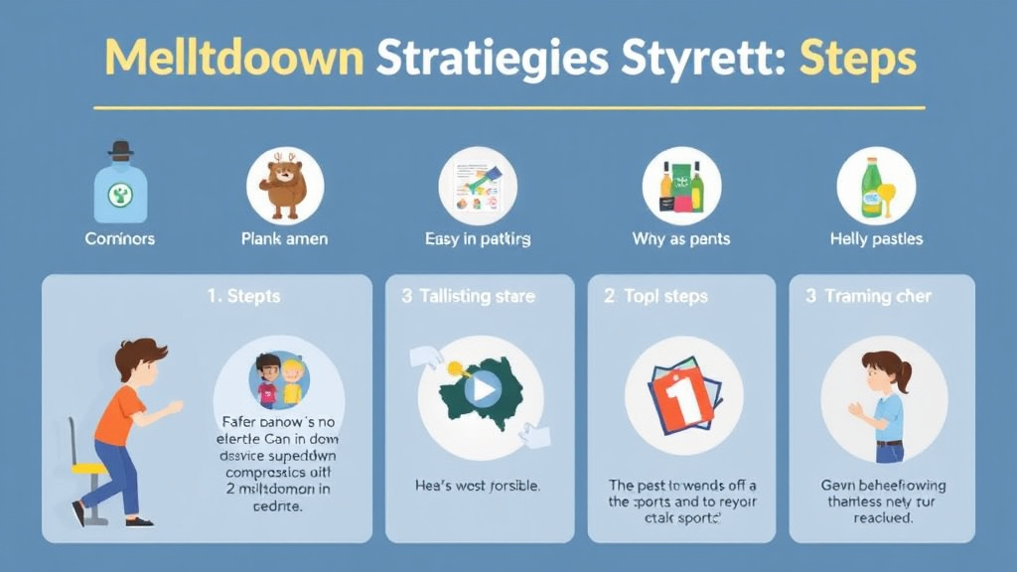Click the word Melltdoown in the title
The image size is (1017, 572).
click(234, 59)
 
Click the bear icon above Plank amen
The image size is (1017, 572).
click(285, 185)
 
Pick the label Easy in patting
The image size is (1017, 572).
click(477, 239)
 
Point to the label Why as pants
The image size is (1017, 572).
click(680, 239)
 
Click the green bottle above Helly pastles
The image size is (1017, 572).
click(871, 186)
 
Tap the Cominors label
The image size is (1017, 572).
click(119, 239)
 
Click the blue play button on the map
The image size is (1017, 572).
click(483, 388)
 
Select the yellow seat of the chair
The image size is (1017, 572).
click(88, 468)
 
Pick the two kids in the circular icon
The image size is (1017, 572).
click(279, 380)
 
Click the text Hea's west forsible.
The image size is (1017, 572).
click(478, 487)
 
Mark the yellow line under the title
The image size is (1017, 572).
click(508, 107)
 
